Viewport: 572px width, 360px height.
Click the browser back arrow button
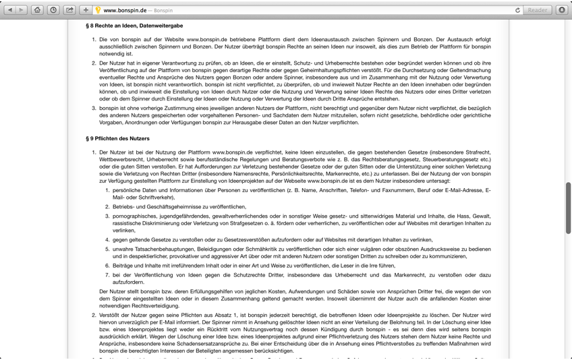[10, 10]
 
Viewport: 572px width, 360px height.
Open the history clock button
[53, 10]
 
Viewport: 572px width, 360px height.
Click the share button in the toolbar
[69, 10]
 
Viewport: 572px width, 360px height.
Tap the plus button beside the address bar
[86, 10]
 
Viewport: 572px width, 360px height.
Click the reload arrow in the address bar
[517, 10]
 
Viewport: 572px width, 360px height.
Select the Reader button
[538, 10]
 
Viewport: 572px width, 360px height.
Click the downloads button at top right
[562, 10]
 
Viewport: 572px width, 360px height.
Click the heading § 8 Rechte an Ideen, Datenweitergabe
[134, 26]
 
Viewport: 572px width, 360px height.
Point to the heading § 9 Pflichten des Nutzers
[117, 138]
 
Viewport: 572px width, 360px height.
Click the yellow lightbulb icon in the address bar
[98, 10]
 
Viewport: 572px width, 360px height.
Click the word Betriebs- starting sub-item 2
[125, 207]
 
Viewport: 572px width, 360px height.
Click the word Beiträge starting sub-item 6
[123, 266]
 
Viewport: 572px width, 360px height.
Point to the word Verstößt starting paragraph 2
[111, 315]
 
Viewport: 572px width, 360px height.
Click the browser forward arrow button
[22, 10]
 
